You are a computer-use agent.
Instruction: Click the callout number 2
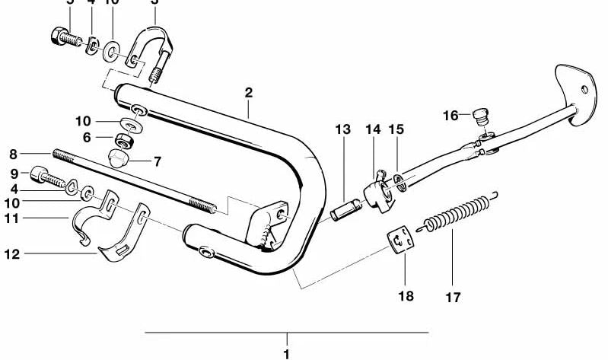coord(248,93)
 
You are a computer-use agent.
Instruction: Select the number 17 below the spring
coord(453,297)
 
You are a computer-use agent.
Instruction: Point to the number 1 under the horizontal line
coord(286,354)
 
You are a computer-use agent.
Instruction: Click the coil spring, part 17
coord(455,213)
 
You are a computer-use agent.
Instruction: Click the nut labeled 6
coord(125,140)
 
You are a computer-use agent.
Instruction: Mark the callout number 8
coord(12,152)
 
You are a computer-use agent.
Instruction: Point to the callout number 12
coord(12,253)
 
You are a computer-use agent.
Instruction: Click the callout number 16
coord(452,116)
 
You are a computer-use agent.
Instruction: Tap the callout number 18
coord(406,295)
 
